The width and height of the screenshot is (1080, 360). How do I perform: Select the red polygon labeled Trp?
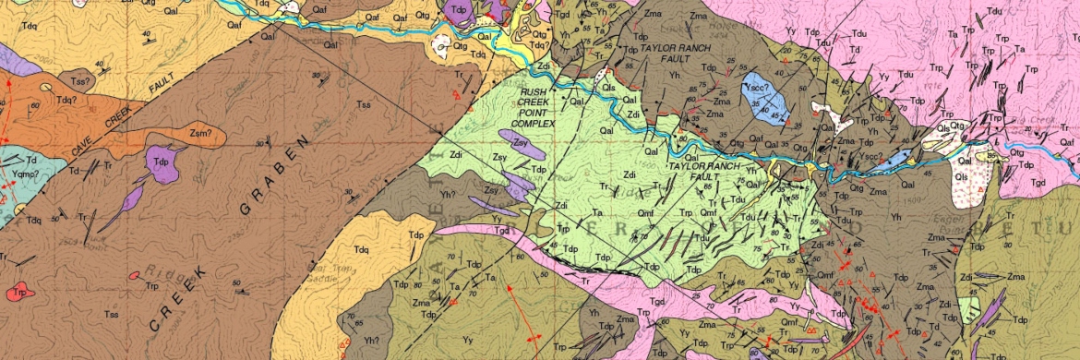(18, 292)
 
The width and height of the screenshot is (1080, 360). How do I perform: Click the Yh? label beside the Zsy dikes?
(449, 194)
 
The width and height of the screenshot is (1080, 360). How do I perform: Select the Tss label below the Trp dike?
(111, 315)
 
